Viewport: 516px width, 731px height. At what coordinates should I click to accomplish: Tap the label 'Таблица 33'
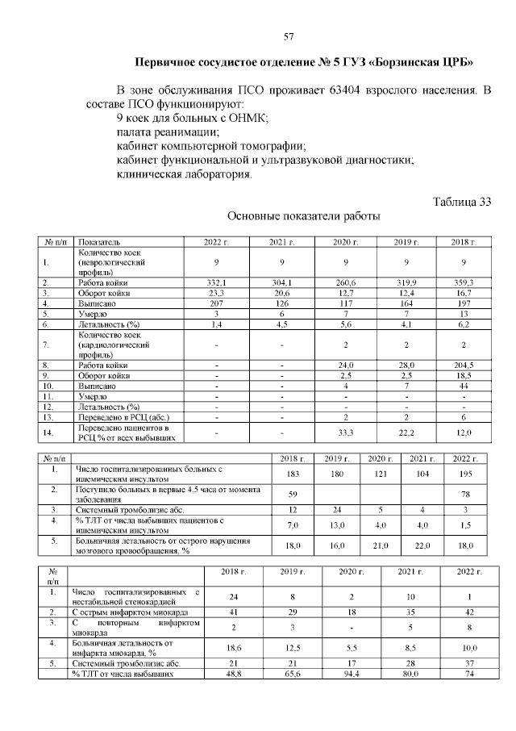tap(461, 202)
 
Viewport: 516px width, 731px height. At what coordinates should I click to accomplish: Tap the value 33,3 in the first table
tap(346, 432)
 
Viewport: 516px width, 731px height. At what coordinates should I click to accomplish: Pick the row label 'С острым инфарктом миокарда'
tap(133, 613)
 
